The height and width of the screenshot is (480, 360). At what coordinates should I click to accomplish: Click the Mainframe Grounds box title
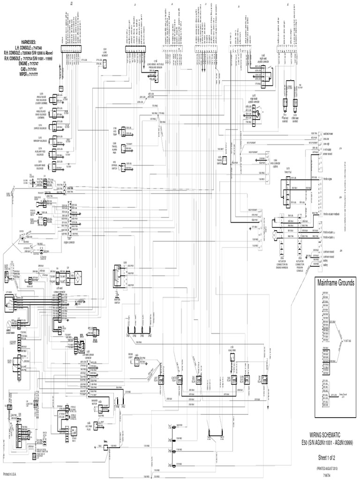pos(336,283)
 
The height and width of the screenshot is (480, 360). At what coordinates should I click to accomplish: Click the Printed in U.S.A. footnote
pos(12,474)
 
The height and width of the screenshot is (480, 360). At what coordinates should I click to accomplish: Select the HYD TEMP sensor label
pos(113,130)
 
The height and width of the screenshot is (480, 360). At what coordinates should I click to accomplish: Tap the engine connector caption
pos(69,242)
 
